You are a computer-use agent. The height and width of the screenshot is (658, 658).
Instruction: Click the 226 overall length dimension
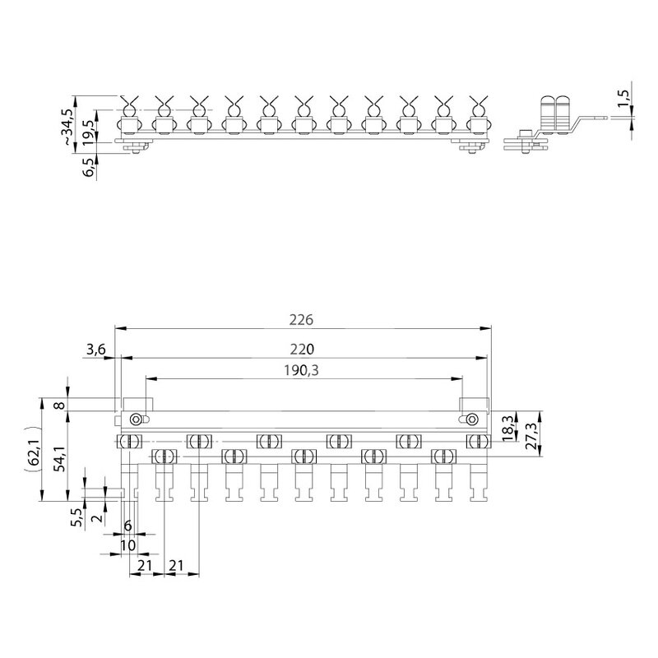[301, 320]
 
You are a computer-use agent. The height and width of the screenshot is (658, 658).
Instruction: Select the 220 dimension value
[302, 349]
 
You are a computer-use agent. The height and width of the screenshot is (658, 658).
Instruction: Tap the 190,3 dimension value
[301, 371]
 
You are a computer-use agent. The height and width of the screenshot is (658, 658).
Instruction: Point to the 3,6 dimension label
[96, 350]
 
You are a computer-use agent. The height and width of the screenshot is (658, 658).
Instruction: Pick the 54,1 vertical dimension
[61, 458]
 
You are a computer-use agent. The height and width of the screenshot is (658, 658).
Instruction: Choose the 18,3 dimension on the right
[507, 428]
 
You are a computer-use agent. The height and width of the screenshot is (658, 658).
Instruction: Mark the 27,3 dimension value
[531, 436]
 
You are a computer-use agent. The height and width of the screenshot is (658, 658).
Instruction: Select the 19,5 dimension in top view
[88, 132]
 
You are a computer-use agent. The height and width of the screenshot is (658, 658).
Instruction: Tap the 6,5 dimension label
[89, 167]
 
